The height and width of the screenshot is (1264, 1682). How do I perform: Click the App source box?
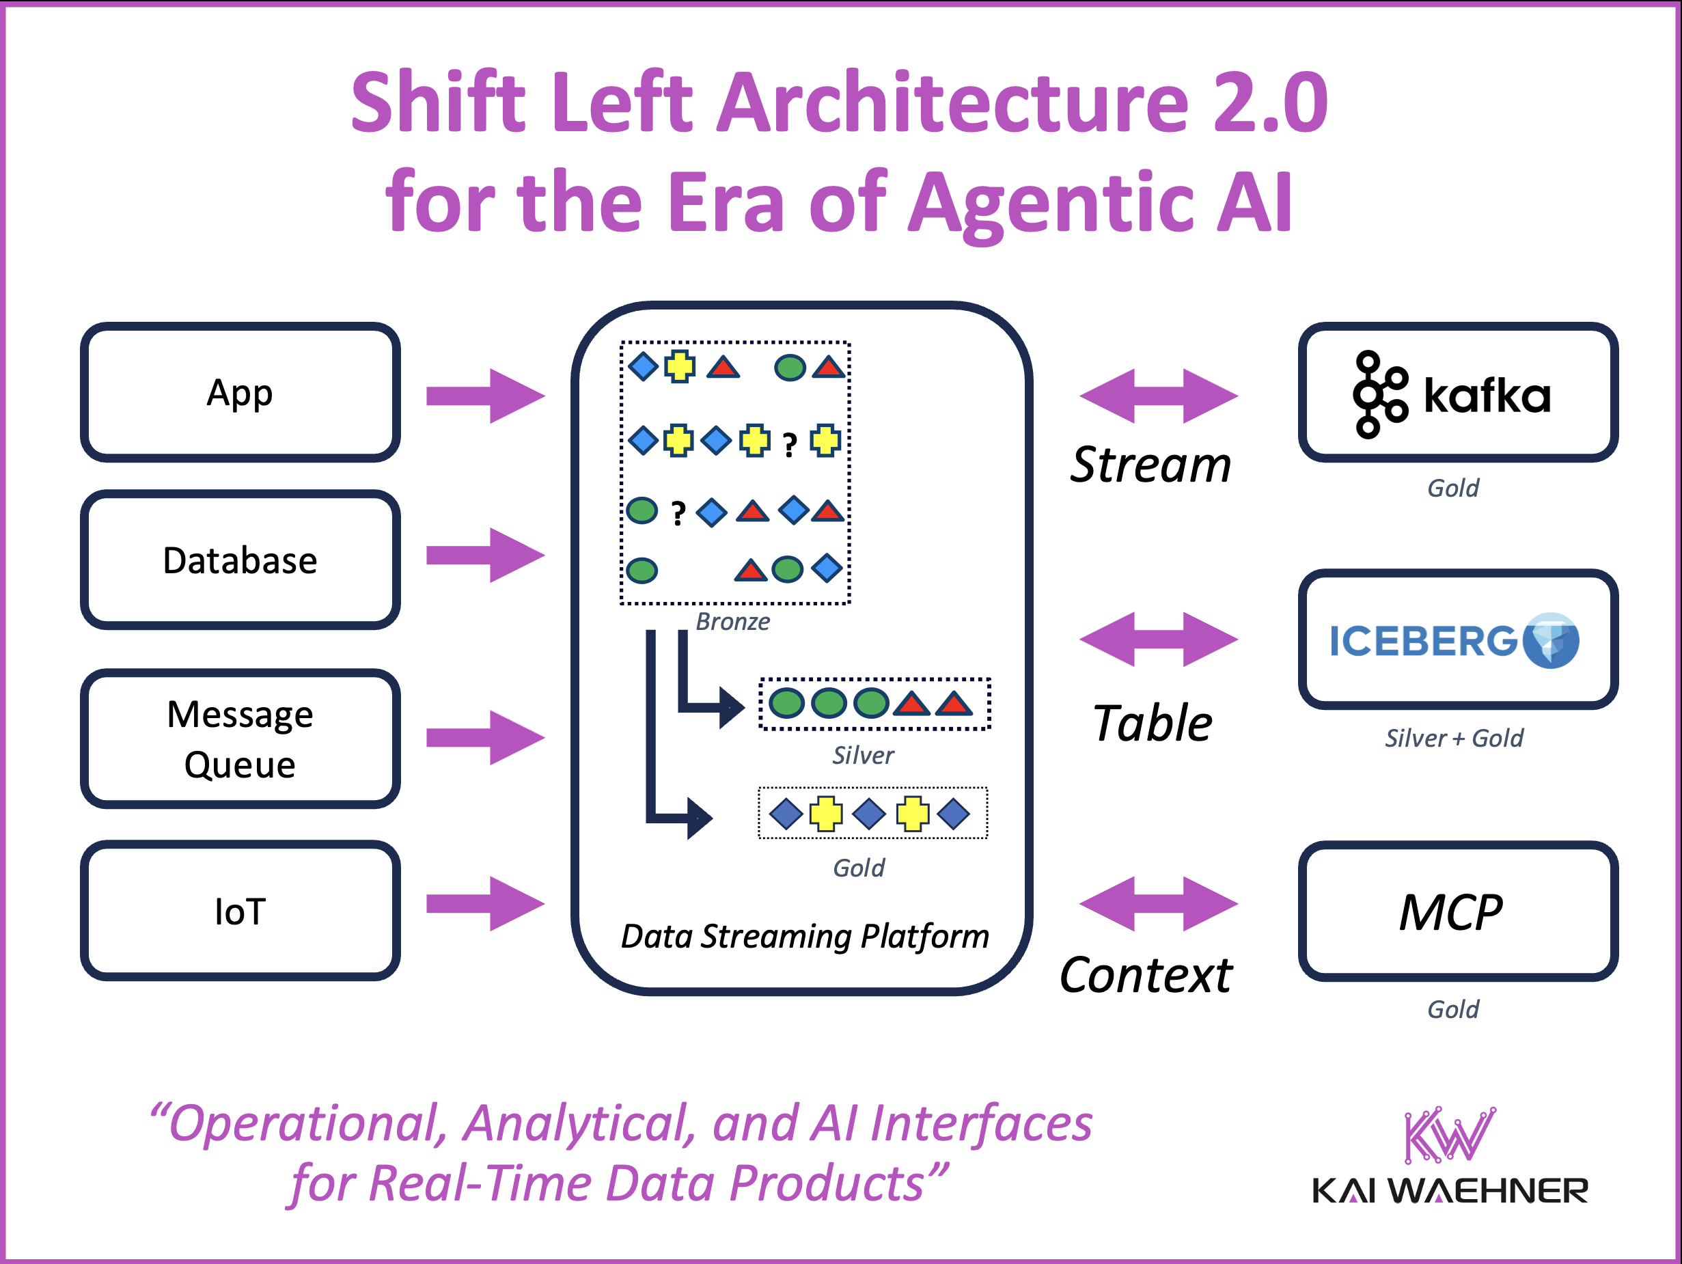[240, 392]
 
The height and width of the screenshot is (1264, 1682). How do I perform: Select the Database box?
[240, 560]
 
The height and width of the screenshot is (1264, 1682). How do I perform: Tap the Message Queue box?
[240, 739]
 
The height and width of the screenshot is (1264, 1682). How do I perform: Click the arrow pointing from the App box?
[485, 396]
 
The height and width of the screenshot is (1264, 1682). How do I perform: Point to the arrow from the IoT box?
[485, 903]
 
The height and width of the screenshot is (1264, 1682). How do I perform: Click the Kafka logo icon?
[1379, 394]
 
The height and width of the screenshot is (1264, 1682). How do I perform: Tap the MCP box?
[1458, 911]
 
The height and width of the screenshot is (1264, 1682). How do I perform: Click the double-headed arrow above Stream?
[1158, 396]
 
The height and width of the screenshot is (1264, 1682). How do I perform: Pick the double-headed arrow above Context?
[1158, 903]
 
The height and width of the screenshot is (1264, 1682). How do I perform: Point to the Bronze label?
[732, 621]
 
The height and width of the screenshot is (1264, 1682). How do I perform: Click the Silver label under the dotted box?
[863, 755]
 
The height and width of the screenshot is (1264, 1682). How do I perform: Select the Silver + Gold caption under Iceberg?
[1453, 738]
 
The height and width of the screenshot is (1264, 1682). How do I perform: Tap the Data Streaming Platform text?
[805, 936]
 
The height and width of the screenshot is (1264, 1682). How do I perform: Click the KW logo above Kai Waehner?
[1448, 1136]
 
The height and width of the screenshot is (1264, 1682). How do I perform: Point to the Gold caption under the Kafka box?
[1452, 488]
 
